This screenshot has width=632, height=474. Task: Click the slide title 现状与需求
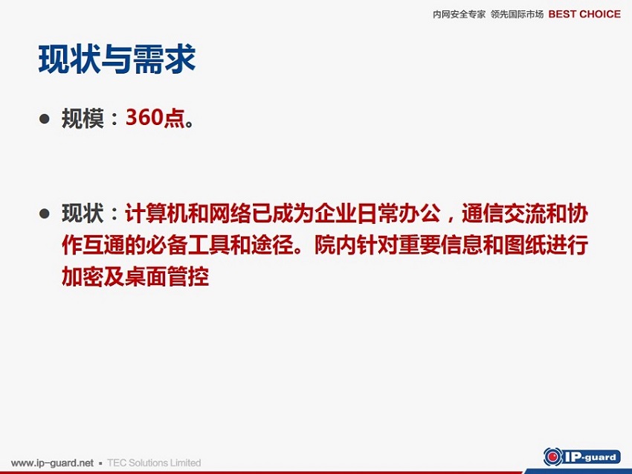pos(117,60)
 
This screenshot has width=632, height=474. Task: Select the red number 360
pos(144,118)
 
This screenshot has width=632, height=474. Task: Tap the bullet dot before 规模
pos(45,118)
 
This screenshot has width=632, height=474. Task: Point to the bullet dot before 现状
pos(45,214)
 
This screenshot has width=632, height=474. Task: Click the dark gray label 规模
pos(83,118)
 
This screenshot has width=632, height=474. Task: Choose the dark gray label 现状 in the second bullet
pos(83,213)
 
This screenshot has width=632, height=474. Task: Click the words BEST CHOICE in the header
pos(584,14)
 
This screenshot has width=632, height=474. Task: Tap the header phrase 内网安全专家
pos(459,15)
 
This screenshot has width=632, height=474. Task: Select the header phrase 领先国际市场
pos(517,15)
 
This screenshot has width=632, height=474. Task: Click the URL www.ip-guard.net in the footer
pos(52,463)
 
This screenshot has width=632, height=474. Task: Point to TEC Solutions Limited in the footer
pos(154,463)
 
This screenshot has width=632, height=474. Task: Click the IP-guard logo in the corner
pos(581,457)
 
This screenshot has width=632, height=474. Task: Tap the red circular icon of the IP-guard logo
pos(552,457)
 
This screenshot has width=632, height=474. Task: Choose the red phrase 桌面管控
pos(167,276)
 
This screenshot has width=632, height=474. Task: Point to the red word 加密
pos(83,276)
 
